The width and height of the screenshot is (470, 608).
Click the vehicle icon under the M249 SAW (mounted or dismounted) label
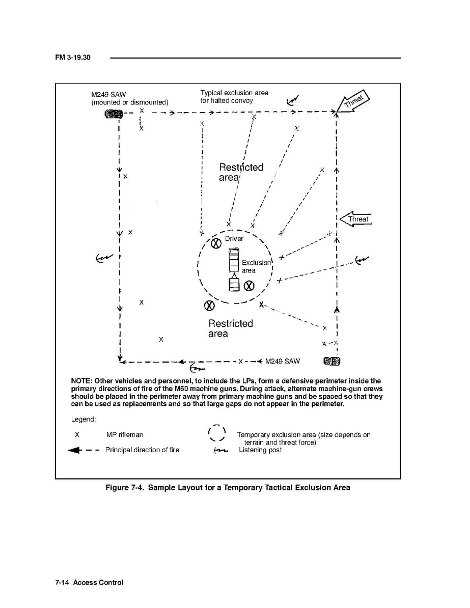pos(113,113)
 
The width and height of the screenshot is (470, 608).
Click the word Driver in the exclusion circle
pos(234,239)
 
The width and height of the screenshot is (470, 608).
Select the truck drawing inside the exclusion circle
pos(234,269)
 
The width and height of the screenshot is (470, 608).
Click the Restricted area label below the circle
pos(230,328)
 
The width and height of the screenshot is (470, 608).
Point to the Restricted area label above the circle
pos(240,172)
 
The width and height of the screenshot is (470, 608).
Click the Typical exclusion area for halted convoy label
pos(234,97)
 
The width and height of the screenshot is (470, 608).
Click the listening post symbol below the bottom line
pos(196,368)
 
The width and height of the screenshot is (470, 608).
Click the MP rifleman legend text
pos(124,435)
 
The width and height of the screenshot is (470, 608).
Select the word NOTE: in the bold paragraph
pos(84,381)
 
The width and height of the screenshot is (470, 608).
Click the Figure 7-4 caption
pos(228,488)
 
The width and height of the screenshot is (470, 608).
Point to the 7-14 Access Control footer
pos(89,583)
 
